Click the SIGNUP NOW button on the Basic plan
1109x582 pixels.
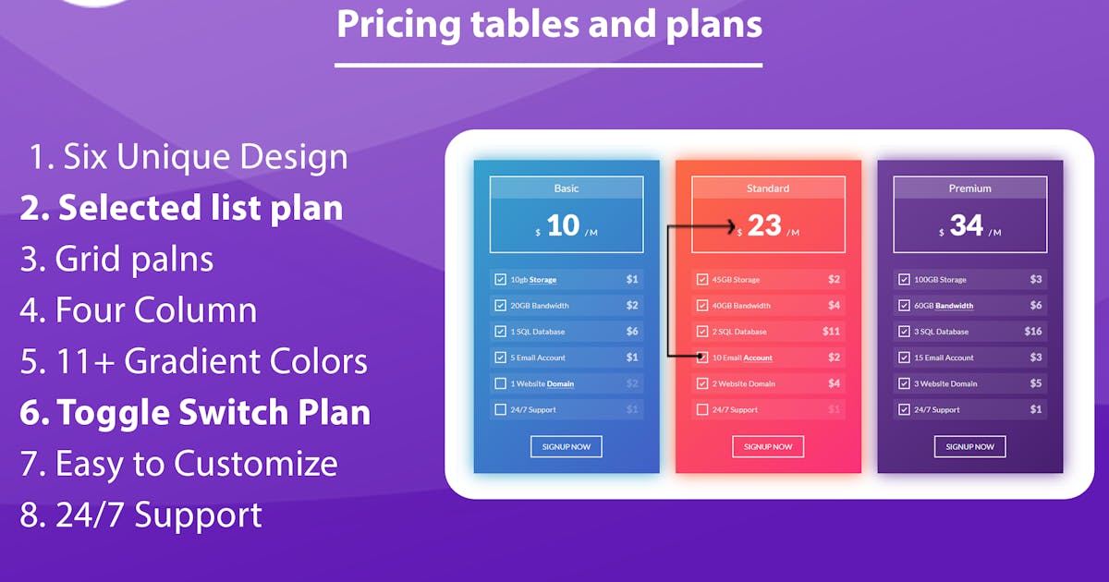pyautogui.click(x=567, y=446)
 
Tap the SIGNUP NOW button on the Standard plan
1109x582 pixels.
pyautogui.click(x=768, y=446)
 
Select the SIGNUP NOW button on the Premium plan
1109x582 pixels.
pyautogui.click(x=969, y=446)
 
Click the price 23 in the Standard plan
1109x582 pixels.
pyautogui.click(x=764, y=225)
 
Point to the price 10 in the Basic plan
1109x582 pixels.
pyautogui.click(x=563, y=225)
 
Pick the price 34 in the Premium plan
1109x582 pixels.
pyautogui.click(x=967, y=225)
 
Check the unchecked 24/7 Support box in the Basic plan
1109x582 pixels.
pyautogui.click(x=501, y=409)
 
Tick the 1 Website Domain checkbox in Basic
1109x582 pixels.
pyautogui.click(x=501, y=383)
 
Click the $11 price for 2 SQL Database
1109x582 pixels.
pyautogui.click(x=831, y=331)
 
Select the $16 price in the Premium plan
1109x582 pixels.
pyautogui.click(x=1033, y=331)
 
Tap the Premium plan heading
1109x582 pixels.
pyautogui.click(x=969, y=188)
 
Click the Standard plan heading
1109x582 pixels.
pyautogui.click(x=768, y=188)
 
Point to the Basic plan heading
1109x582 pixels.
pyautogui.click(x=567, y=188)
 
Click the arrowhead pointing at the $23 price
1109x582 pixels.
pyautogui.click(x=731, y=226)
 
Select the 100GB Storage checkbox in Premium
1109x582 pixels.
pyautogui.click(x=904, y=279)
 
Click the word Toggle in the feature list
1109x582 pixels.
pyautogui.click(x=114, y=413)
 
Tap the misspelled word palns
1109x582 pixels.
pyautogui.click(x=172, y=260)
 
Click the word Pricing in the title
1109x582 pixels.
pyautogui.click(x=399, y=25)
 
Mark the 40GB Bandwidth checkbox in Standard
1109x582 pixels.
pyautogui.click(x=702, y=306)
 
